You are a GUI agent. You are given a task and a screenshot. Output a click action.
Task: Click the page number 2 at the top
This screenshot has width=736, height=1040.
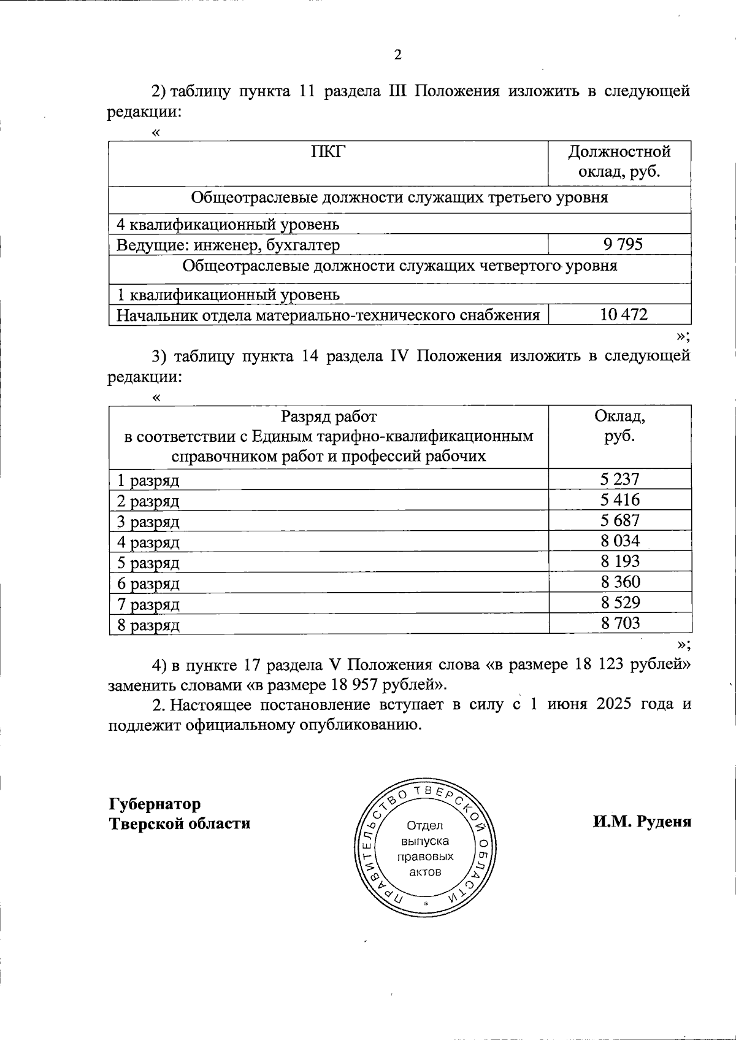tap(397, 56)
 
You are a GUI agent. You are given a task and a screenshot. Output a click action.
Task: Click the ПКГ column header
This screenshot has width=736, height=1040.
tap(328, 152)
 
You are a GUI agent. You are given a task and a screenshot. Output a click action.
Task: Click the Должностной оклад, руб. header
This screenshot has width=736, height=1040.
tap(619, 161)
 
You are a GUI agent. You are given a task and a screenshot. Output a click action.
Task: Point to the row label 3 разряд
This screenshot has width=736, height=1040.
tap(148, 522)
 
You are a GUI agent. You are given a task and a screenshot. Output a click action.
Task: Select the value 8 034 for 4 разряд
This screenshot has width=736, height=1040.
tap(620, 541)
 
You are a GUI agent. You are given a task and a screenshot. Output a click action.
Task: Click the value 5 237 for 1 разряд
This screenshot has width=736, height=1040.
tap(620, 479)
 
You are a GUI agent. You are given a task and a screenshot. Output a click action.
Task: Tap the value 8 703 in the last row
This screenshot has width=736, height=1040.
tap(620, 623)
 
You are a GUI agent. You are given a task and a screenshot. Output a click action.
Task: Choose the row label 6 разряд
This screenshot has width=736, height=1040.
tap(148, 584)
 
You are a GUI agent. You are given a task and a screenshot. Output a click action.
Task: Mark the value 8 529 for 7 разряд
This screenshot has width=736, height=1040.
tap(620, 603)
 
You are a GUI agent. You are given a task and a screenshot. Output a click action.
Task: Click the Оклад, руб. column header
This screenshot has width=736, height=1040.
tap(619, 427)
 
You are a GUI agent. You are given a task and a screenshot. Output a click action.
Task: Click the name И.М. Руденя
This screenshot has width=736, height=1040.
tap(642, 822)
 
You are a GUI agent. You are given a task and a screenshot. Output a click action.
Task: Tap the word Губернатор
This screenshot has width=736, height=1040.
tap(155, 804)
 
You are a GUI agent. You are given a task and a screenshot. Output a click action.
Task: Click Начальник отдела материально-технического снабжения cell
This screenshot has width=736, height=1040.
tap(328, 315)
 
